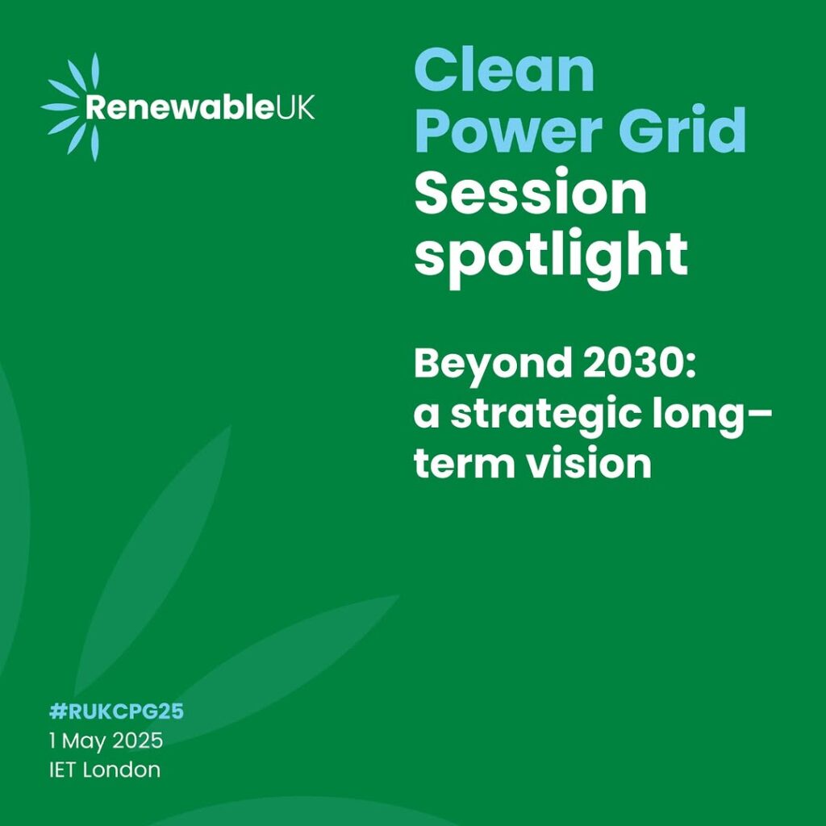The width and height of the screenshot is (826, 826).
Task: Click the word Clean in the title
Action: [x=504, y=70]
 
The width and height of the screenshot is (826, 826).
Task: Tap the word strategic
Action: [x=546, y=416]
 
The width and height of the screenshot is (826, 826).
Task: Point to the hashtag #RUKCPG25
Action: [x=116, y=711]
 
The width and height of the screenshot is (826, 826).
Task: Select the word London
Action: [x=122, y=770]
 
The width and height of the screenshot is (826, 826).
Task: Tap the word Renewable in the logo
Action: [x=180, y=107]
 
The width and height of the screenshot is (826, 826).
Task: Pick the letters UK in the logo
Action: [x=295, y=107]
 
